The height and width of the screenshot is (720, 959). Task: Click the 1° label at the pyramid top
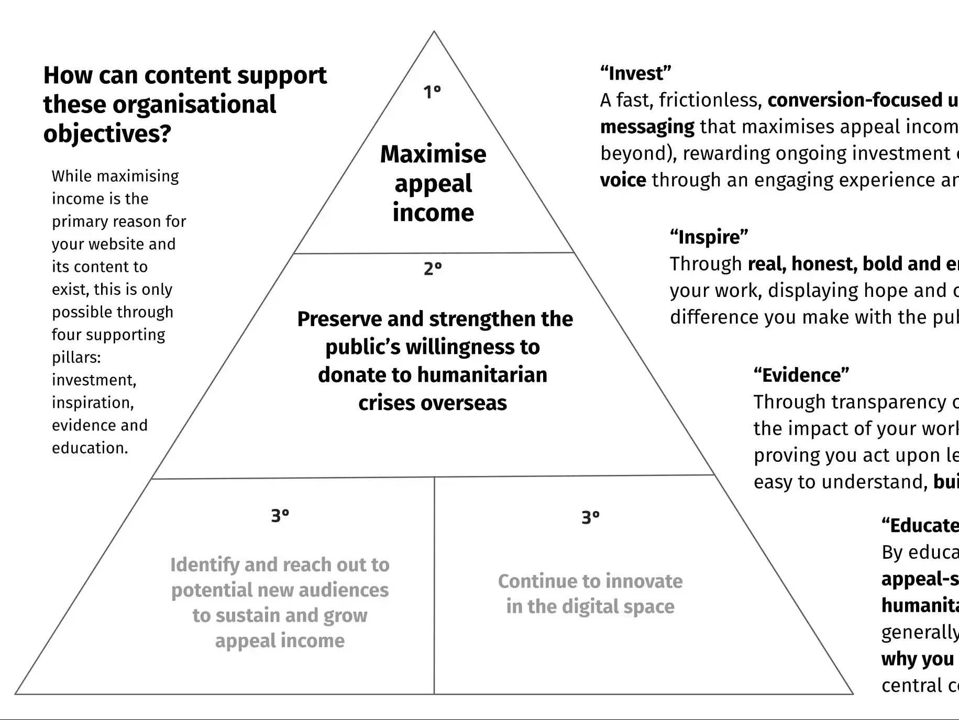[x=432, y=92]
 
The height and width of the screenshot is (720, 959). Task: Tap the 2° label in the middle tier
[x=433, y=269]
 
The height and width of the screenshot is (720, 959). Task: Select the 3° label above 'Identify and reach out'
[x=280, y=516]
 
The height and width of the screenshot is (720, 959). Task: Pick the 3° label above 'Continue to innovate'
[x=590, y=517]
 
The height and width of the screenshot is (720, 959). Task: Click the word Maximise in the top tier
[x=433, y=154]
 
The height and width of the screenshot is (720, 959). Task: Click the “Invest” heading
[x=635, y=73]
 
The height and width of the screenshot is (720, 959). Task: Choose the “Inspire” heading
[x=709, y=237]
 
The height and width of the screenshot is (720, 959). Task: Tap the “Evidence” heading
[x=801, y=375]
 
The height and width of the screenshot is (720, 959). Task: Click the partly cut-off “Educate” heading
[x=920, y=525]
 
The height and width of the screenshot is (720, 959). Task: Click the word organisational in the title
[x=194, y=105]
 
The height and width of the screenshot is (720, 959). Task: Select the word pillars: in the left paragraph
[x=76, y=357]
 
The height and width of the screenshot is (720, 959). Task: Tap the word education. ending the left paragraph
[x=90, y=448]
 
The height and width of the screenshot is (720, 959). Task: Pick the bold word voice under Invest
[x=623, y=180]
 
